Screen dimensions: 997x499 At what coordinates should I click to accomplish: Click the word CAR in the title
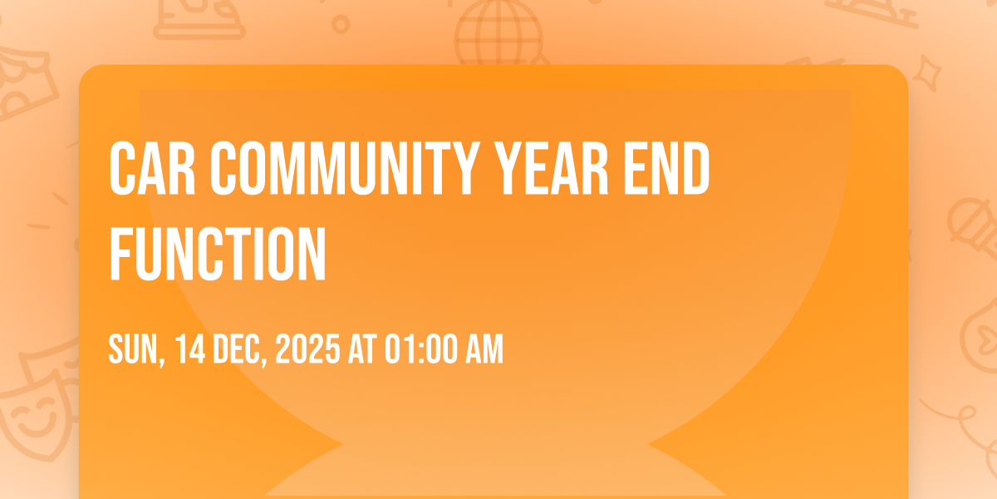(x=152, y=168)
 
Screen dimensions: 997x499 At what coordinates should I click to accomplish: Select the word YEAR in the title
(x=552, y=168)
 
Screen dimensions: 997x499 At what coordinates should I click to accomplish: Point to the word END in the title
(x=666, y=168)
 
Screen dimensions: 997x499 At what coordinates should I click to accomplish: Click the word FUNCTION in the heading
(x=218, y=253)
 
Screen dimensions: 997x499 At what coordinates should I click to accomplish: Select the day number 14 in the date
(x=190, y=348)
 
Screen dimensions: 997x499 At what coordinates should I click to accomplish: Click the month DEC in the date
(x=240, y=349)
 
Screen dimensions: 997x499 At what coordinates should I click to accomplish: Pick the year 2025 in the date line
(x=307, y=348)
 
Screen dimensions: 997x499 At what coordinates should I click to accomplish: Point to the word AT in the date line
(x=362, y=348)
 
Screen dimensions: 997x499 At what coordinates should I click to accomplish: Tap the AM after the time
(x=484, y=348)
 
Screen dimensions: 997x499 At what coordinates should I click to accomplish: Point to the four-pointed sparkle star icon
(x=926, y=72)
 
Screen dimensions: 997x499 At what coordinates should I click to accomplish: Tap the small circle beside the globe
(x=341, y=24)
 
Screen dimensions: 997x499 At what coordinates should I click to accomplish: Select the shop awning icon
(x=24, y=85)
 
